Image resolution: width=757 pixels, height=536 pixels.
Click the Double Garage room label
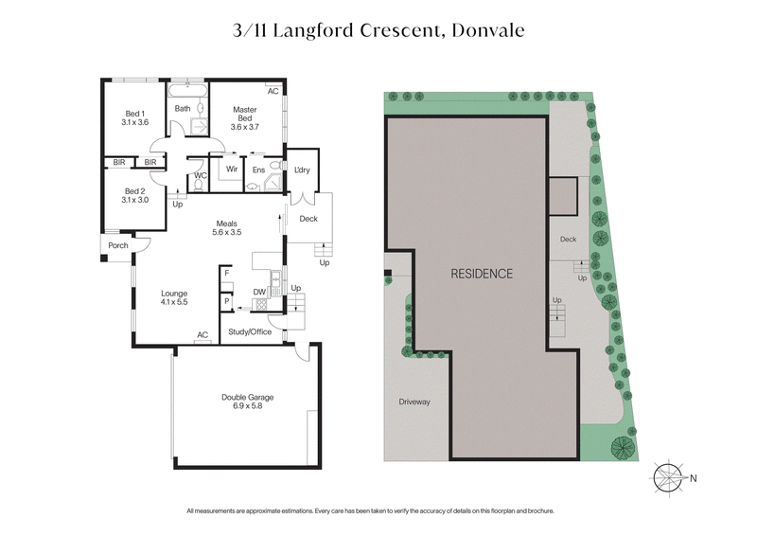click(247, 402)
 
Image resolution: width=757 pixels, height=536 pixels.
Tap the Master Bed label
click(244, 117)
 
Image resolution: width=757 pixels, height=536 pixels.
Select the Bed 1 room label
click(135, 117)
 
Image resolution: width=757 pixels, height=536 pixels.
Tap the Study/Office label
click(250, 331)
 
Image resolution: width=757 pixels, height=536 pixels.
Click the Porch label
click(118, 246)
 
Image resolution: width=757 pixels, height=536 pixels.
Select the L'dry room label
click(303, 170)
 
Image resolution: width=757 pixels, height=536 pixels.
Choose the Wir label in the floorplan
click(231, 170)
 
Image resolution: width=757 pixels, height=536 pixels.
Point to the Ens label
click(258, 170)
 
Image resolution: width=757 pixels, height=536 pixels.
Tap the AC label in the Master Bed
click(273, 92)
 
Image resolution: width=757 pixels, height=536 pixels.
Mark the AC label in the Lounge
click(202, 334)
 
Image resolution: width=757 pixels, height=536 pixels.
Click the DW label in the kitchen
click(258, 292)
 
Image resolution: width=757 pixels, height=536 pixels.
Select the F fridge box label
click(226, 274)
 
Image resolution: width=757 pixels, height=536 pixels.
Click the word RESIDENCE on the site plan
click(482, 274)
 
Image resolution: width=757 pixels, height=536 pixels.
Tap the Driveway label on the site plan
click(414, 402)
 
